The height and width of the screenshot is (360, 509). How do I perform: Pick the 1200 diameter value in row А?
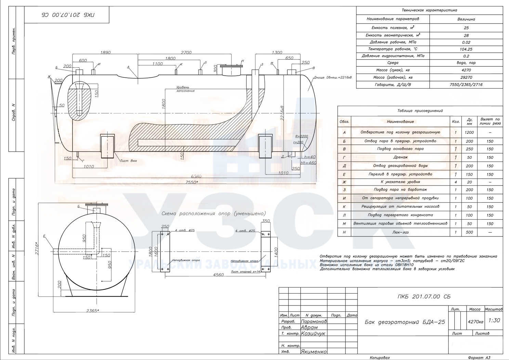point(469,132)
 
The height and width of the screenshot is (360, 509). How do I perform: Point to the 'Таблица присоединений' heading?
point(420,111)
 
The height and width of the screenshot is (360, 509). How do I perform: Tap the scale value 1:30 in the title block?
point(494,321)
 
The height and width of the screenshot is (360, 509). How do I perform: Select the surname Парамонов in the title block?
point(314,321)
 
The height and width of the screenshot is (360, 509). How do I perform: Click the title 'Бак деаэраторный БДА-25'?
point(405,322)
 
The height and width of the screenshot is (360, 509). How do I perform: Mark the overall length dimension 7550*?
point(192,182)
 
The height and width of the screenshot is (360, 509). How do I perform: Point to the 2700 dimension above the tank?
point(186,53)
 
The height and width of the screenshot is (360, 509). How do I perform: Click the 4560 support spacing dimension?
point(218,275)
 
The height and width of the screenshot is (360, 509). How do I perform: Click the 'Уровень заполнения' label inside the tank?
point(185,89)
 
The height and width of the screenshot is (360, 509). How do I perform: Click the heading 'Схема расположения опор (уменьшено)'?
point(213,214)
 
